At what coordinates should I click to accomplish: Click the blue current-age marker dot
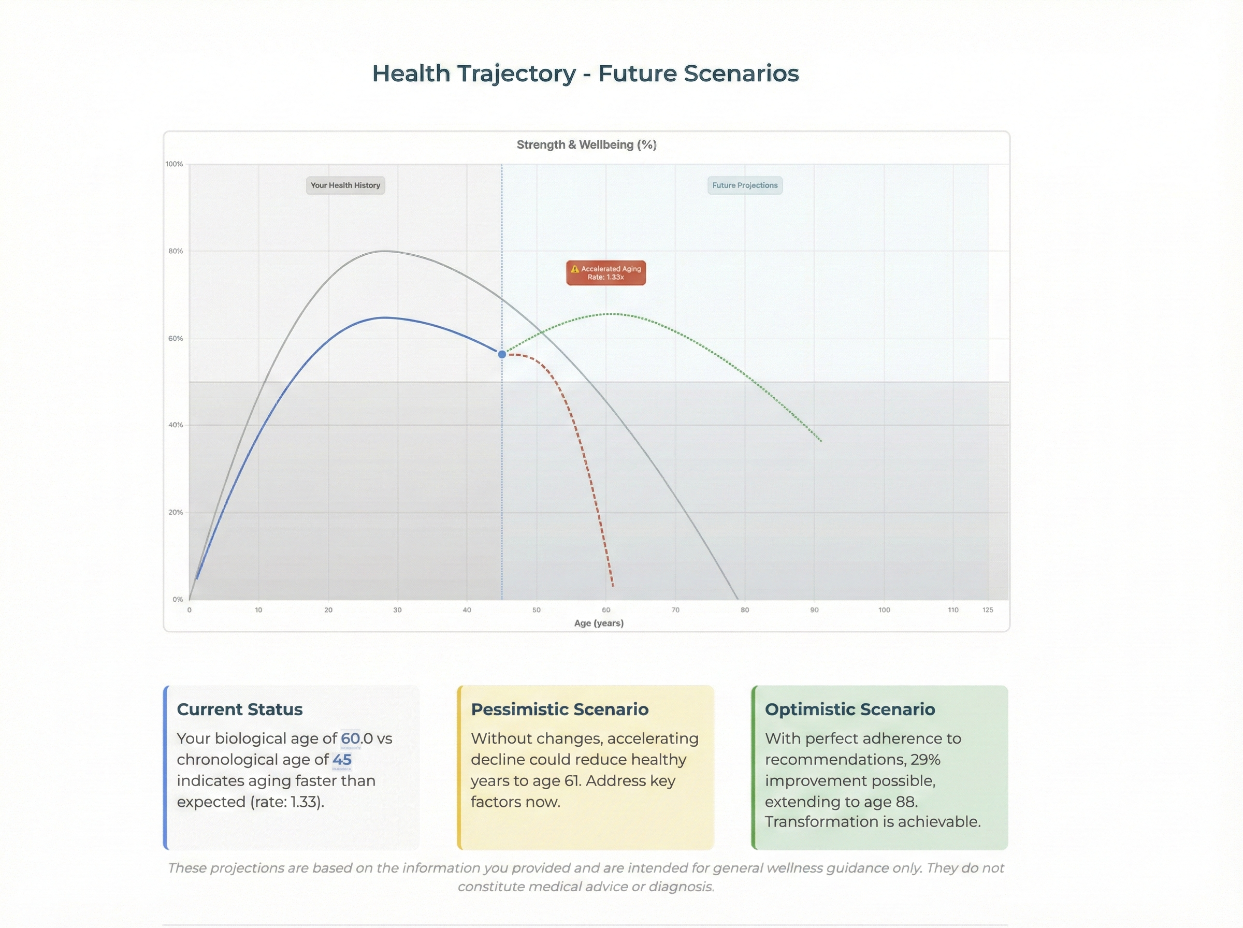coord(501,354)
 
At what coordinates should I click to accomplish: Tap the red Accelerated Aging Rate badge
coord(605,273)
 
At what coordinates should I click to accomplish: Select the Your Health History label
coord(345,185)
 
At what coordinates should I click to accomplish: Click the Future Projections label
coord(744,185)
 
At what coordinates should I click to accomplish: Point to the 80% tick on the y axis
coord(176,251)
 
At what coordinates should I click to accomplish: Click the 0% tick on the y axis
coord(178,599)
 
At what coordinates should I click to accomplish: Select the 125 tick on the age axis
coord(988,610)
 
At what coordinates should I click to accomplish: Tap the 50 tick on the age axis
coord(537,610)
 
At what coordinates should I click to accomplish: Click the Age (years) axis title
coord(599,623)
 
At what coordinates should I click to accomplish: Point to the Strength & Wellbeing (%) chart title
coord(586,144)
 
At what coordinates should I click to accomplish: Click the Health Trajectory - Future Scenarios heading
coord(585,74)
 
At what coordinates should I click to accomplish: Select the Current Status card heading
coord(239,709)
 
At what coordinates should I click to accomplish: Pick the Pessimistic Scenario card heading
coord(559,709)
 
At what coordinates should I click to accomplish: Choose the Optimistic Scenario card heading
coord(850,709)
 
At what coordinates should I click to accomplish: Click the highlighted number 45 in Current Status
coord(341,760)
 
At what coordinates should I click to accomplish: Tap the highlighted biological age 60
coord(351,738)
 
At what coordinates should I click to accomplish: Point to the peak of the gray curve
coord(384,251)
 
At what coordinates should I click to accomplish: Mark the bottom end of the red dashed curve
coord(613,586)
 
